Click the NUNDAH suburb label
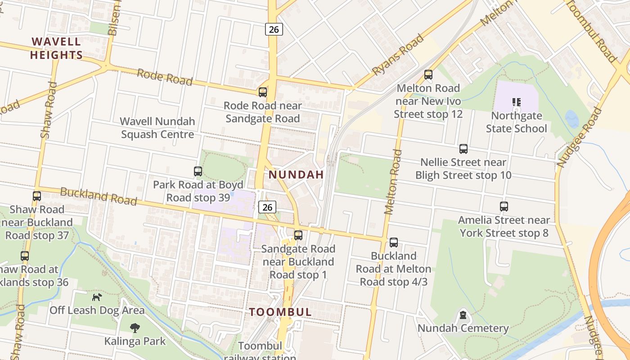click(x=296, y=175)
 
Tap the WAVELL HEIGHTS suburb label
click(x=56, y=49)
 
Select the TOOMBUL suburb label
click(x=280, y=312)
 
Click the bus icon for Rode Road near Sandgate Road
click(x=263, y=92)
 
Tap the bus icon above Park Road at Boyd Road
click(x=198, y=171)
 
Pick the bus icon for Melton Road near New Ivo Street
click(x=428, y=75)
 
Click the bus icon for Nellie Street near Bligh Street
click(x=463, y=149)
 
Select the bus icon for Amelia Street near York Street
click(x=504, y=207)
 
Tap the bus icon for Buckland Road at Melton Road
click(x=394, y=243)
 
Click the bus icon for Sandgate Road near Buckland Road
click(x=298, y=235)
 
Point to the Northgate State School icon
click(x=516, y=103)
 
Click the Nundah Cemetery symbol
click(x=463, y=315)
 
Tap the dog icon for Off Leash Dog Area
click(x=97, y=297)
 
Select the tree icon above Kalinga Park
click(x=135, y=328)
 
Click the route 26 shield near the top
click(x=274, y=30)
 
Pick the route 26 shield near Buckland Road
click(x=267, y=207)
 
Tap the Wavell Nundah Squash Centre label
click(x=157, y=128)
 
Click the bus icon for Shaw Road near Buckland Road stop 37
click(x=37, y=196)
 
